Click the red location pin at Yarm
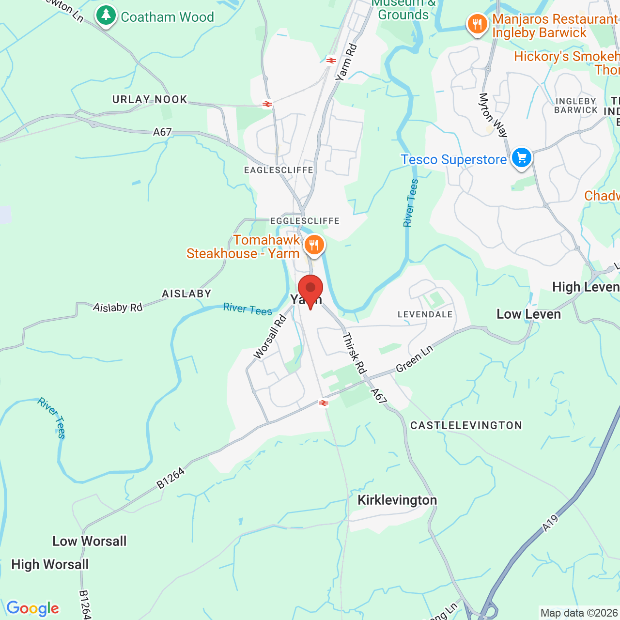310,289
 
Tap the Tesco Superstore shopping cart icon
522,157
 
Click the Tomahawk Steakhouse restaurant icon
314,245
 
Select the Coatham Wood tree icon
106,15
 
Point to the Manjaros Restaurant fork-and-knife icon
477,24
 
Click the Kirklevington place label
397,500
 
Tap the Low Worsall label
90,541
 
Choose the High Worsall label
50,564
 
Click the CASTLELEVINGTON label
466,425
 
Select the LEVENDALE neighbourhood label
425,314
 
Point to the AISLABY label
186,294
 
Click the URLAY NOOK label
150,99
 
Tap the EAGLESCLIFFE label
279,170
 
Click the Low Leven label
528,314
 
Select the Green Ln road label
414,359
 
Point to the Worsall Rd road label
270,337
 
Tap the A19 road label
550,523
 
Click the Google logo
32,608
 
